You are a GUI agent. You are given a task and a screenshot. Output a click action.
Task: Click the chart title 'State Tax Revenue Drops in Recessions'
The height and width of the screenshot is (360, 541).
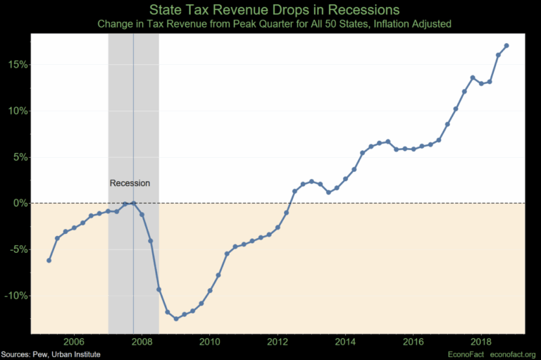(270, 10)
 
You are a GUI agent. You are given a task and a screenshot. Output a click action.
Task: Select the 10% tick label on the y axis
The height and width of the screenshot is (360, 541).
(16, 111)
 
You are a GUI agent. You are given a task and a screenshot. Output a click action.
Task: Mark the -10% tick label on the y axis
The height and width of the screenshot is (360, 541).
(15, 296)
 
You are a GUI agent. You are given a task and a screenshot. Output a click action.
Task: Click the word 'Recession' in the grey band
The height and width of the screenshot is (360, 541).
(130, 183)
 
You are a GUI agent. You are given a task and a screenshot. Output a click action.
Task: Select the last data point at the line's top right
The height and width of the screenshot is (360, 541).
(506, 46)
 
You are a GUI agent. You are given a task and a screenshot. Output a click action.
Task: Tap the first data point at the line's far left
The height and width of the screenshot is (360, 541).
(49, 261)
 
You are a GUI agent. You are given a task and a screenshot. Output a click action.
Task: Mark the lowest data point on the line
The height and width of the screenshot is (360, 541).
(176, 318)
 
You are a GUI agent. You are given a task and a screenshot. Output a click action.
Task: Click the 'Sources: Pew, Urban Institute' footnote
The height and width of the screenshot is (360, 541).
(50, 354)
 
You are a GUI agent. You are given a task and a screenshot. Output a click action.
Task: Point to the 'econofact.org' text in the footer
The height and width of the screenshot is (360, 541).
(512, 354)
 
